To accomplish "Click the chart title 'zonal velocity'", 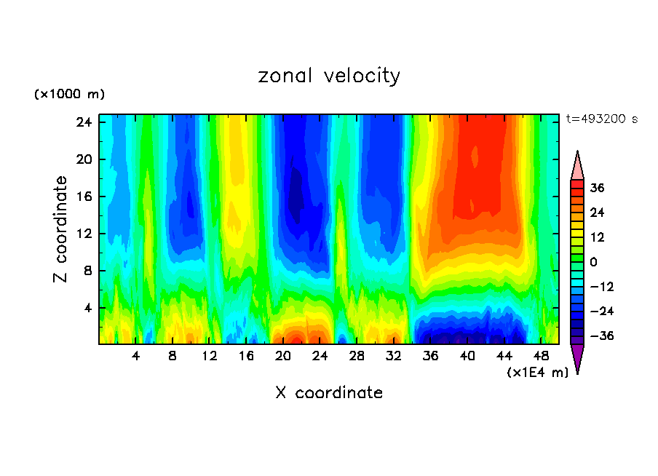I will tap(329, 76).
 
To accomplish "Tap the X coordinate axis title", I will tap(329, 393).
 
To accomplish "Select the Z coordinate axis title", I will tap(61, 229).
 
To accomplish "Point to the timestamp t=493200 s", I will tap(601, 119).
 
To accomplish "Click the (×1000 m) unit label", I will tap(69, 95).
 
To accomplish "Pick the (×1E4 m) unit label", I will tap(537, 373).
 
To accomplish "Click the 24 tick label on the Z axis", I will tap(83, 122).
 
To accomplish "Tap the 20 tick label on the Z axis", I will tap(83, 159).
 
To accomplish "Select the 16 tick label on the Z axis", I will tap(83, 197).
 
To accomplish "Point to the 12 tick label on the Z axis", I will tap(83, 234).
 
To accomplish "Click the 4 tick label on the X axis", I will tap(135, 357).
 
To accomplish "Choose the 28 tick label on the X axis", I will tap(357, 357).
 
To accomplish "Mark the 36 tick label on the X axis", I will tap(430, 357).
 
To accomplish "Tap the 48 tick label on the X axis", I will tap(541, 357).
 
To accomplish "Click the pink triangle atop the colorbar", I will tap(577, 166).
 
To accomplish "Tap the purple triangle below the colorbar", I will tap(577, 357).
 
